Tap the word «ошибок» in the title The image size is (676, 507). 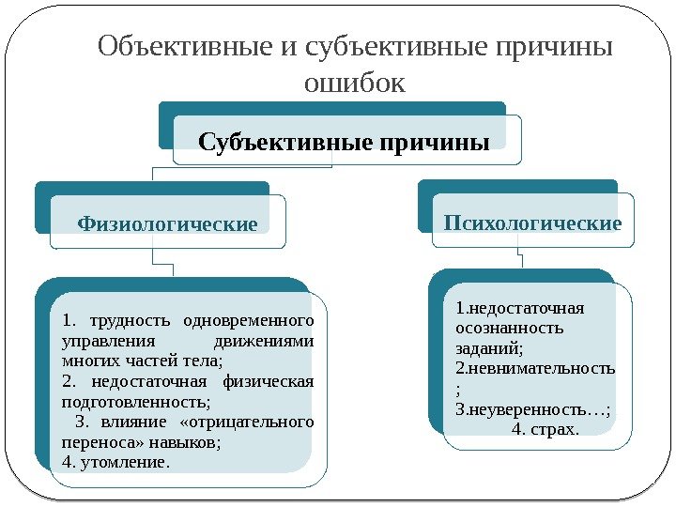point(355,84)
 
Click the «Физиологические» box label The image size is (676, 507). point(167,225)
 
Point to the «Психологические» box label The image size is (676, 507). point(532,223)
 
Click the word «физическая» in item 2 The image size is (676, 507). point(269,380)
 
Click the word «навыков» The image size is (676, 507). point(189,441)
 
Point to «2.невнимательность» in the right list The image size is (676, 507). point(534,369)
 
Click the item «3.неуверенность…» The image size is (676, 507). point(531,410)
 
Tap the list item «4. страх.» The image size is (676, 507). point(548,430)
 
